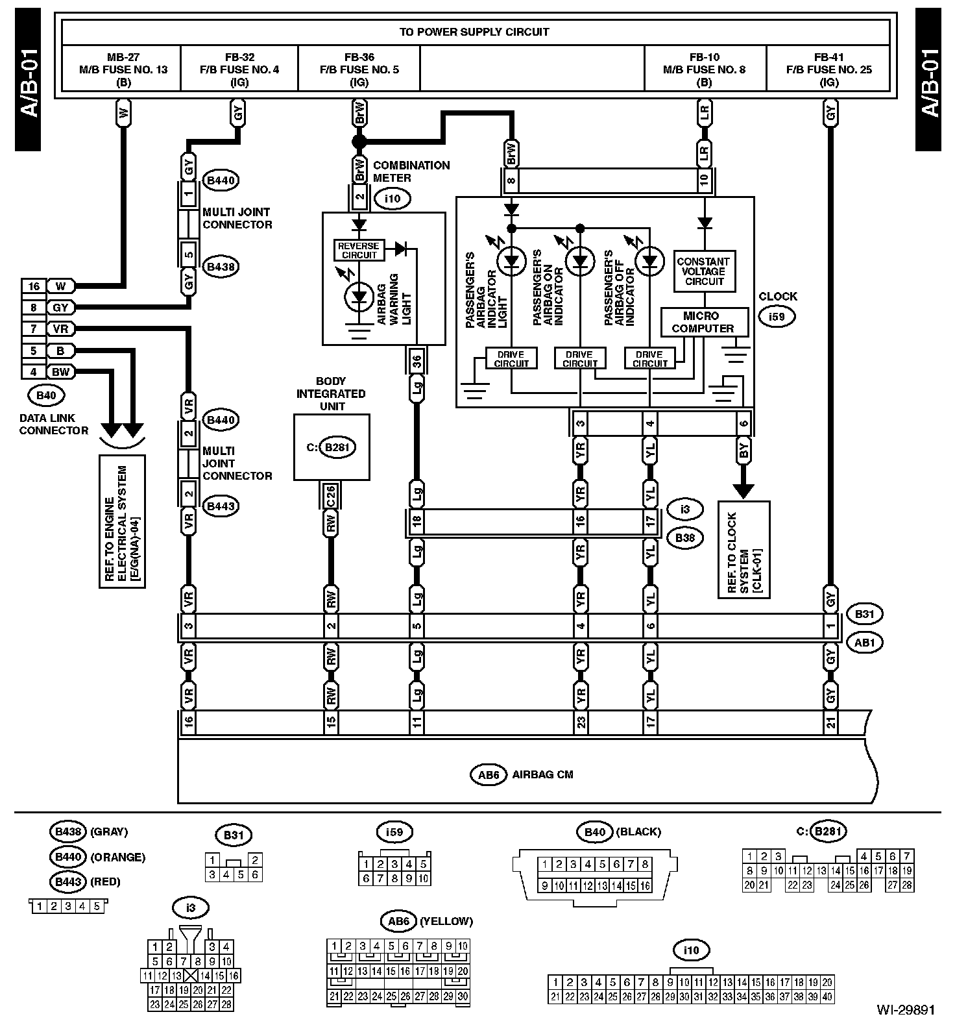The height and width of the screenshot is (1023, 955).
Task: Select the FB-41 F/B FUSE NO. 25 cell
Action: click(828, 69)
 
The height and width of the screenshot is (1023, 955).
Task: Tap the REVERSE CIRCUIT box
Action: click(358, 250)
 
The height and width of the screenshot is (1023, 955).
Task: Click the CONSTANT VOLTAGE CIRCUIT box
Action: click(704, 271)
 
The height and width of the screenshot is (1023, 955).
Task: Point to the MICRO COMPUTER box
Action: click(702, 322)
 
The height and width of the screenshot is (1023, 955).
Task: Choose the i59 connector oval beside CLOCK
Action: click(776, 317)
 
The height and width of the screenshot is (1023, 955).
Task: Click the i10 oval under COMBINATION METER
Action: click(392, 199)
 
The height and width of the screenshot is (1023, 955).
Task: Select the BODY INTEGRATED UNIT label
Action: click(331, 393)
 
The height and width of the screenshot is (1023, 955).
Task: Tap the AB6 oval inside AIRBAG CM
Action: click(488, 774)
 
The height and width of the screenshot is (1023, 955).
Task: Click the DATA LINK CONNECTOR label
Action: click(53, 425)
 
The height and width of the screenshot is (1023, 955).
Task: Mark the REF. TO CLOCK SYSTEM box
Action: click(743, 549)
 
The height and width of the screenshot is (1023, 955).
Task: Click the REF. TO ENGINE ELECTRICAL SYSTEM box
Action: click(122, 521)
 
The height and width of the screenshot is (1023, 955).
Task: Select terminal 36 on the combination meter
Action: click(417, 362)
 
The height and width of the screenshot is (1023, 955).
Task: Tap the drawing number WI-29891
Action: click(905, 1009)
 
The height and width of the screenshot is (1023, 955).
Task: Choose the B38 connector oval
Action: click(684, 537)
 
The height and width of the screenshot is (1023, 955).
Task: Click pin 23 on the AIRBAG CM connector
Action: click(581, 722)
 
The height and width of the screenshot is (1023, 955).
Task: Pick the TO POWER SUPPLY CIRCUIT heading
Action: click(475, 32)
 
